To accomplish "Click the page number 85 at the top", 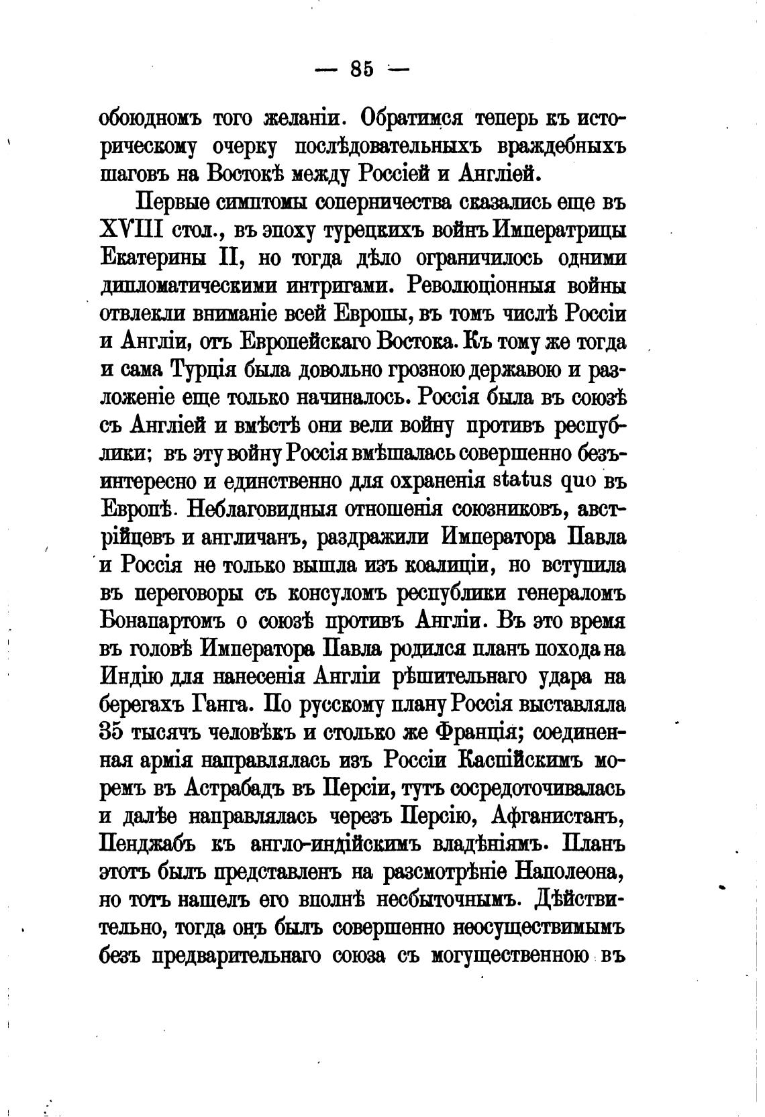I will tap(361, 68).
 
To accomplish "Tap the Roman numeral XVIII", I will tap(131, 229).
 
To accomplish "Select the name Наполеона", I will tap(571, 872).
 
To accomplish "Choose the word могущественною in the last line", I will tap(503, 956).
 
